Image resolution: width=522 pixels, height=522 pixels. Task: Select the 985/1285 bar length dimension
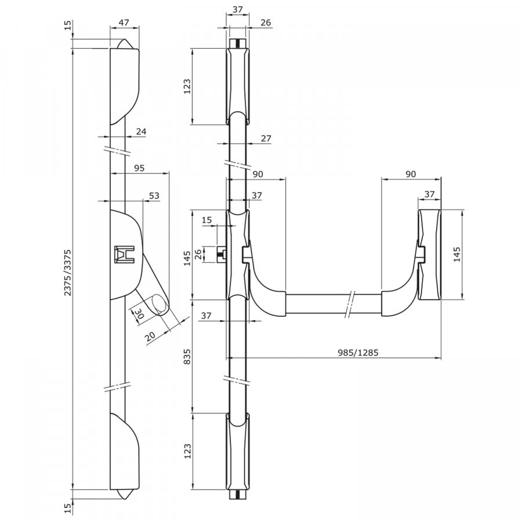pos(355,352)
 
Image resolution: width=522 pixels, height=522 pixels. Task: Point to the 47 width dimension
pos(124,23)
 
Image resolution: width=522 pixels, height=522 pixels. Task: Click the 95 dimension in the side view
pos(139,168)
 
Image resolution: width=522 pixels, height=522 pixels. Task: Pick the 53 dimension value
pos(154,196)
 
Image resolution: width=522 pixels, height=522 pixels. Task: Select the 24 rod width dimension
pos(141,132)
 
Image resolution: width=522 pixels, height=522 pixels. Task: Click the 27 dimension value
pos(267,139)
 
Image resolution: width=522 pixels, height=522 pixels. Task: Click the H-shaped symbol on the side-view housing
pos(124,253)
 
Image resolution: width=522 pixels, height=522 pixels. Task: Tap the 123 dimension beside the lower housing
pos(187,451)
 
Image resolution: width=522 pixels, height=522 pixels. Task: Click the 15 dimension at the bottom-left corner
pos(68,509)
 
